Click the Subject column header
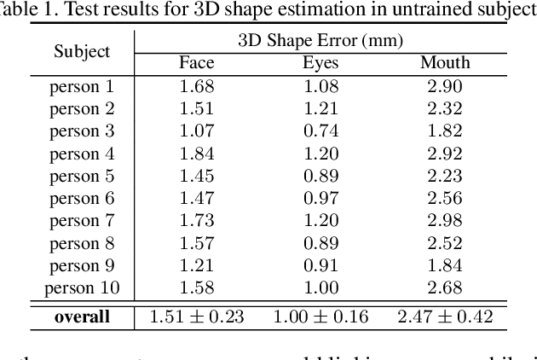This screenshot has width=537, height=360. coord(82,51)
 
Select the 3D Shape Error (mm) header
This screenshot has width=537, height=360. coord(320,40)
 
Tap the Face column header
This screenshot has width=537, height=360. coord(196,63)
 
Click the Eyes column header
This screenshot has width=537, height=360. coord(320,63)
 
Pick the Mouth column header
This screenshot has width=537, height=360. coord(445,63)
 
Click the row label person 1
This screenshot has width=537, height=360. coord(82,86)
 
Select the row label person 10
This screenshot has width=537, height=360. coord(82,287)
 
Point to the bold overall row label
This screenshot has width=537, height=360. coord(82,317)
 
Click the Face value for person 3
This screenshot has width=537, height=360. coord(196,131)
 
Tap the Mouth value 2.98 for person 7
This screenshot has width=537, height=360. coord(445,220)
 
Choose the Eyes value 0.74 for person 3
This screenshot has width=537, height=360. coord(320,131)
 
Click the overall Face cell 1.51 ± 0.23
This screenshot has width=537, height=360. coord(196,317)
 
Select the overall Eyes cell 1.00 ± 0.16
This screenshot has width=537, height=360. coord(320,317)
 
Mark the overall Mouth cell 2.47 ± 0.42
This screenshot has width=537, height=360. coord(445,317)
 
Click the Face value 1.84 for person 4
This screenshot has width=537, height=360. coord(196,154)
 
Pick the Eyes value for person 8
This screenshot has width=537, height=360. coord(320,242)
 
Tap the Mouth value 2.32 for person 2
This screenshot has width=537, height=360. coord(445,108)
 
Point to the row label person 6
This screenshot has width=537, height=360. coord(82,198)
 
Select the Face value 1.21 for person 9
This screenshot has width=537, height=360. coord(196,264)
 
